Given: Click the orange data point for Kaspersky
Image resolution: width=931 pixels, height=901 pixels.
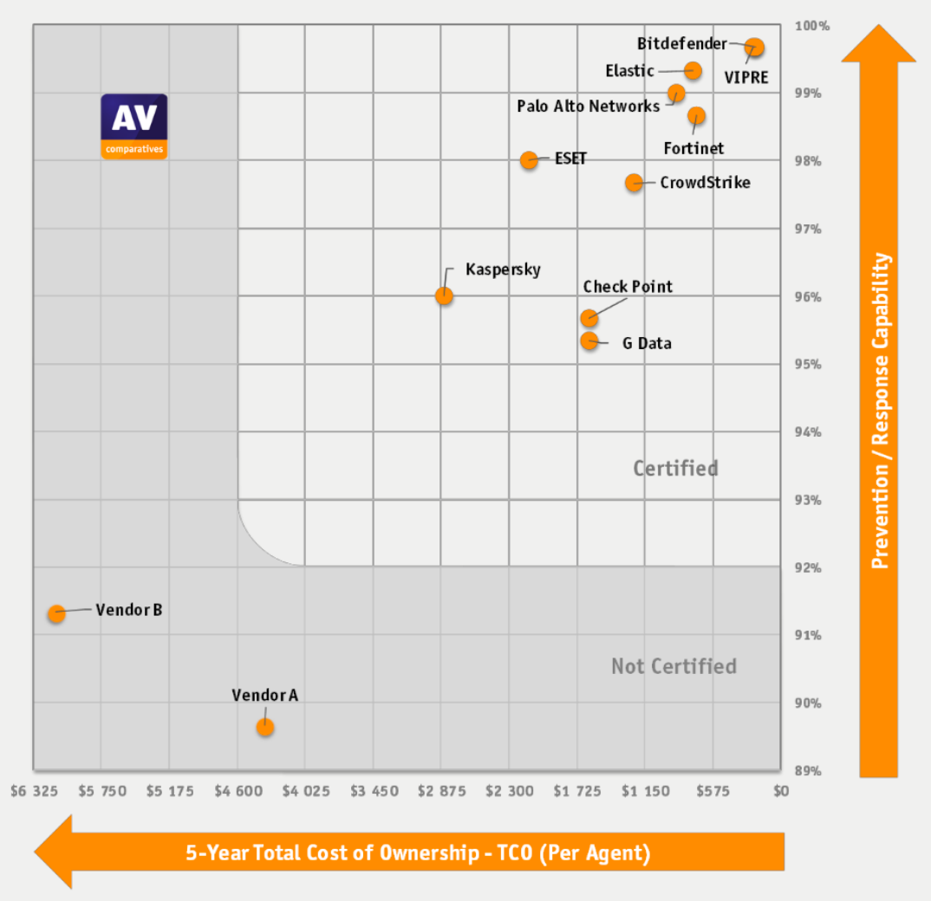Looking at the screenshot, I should point(444,295).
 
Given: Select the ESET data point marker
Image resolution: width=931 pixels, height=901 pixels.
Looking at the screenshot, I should point(529,160).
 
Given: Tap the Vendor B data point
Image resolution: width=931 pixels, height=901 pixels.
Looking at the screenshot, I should point(56,613).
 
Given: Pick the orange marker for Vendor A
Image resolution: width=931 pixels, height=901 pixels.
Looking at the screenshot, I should point(265,727).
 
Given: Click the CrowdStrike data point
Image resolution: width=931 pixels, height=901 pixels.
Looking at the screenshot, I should point(635,183).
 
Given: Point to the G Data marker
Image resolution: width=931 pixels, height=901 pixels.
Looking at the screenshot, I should point(589,340).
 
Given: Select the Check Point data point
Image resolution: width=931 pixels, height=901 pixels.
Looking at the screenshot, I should point(589,318).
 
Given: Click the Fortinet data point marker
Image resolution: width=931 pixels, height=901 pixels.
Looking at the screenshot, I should point(697,115).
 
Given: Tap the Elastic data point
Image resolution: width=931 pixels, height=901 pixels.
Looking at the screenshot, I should point(693,70).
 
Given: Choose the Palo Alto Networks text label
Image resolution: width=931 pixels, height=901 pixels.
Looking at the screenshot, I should point(588,107).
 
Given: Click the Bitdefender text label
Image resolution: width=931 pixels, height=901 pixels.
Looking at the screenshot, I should point(681,43).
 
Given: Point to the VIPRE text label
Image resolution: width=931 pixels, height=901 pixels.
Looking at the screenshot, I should point(745,77).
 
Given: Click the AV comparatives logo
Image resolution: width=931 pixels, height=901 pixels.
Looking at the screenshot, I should point(134,126).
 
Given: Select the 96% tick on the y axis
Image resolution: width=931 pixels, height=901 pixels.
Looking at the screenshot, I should point(808,297).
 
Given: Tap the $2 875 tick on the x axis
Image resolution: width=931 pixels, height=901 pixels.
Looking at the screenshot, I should point(441,791).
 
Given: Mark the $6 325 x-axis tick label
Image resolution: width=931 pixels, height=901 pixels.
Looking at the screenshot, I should point(34,791).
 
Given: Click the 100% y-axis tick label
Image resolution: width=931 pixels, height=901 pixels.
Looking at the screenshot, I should point(812,26).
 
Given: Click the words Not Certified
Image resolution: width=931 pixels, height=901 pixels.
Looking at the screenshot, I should point(674,666).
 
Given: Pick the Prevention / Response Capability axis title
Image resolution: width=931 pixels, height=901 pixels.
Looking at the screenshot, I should point(881,411).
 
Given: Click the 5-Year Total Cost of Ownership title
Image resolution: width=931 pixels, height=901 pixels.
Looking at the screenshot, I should point(417,852).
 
